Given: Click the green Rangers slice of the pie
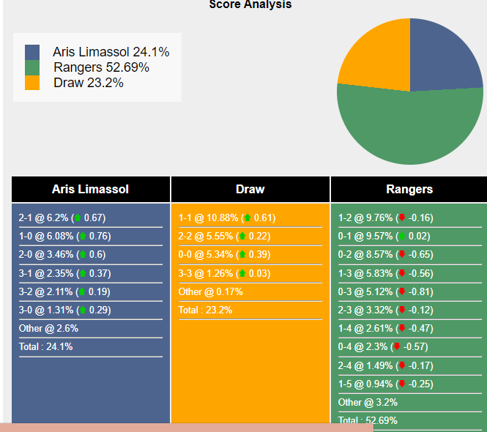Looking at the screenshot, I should coord(410,128).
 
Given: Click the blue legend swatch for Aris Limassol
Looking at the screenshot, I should coord(32,52).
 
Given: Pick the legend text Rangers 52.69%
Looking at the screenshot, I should coord(101,67).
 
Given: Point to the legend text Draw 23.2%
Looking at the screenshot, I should coord(88,83).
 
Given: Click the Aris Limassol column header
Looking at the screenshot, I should coord(90,189).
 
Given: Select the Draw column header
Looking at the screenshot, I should coord(250,189).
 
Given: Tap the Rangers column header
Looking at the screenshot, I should coord(409,189).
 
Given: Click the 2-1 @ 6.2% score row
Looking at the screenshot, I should coord(62,217).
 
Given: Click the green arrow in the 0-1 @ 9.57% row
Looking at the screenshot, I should coord(401,236).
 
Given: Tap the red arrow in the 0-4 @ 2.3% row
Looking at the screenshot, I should coord(396,347).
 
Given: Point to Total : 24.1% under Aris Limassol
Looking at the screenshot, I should coord(45,347).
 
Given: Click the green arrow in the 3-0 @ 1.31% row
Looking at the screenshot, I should coord(81,310).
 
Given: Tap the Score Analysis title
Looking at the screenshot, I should coord(250,5).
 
